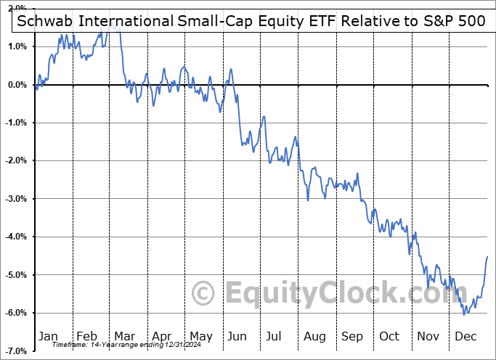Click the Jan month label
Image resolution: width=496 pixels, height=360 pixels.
48,336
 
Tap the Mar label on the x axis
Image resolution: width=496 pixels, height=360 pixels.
123,336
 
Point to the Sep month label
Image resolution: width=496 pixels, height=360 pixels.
351,336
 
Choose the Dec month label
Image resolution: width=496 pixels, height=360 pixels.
465,336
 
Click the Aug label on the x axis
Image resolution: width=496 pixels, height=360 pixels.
314,336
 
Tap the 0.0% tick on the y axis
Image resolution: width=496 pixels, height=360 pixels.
16,85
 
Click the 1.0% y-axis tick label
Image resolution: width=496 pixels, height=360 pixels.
16,46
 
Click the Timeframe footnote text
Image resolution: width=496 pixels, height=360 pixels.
116,344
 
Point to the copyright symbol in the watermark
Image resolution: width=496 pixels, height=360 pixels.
203,294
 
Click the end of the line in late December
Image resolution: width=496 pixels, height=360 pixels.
487,257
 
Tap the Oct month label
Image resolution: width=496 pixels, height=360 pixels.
389,336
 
